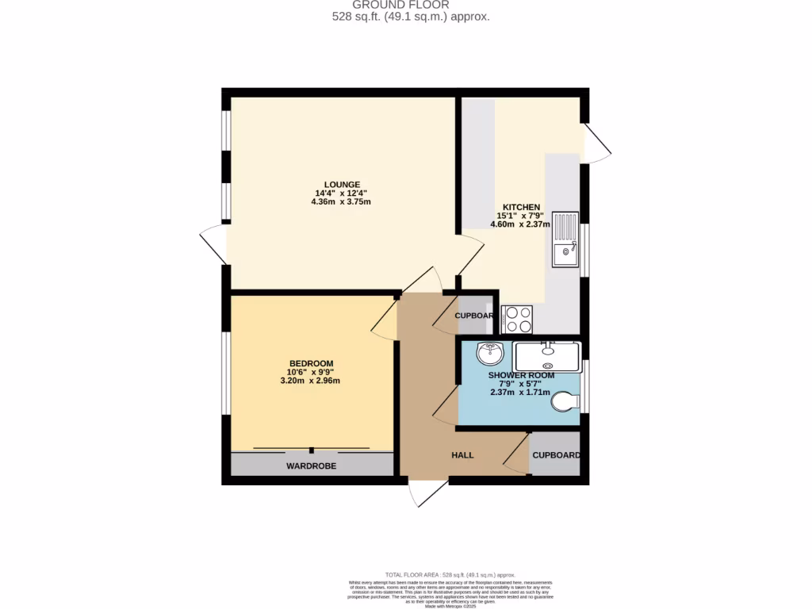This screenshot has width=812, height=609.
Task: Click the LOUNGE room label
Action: [341, 184]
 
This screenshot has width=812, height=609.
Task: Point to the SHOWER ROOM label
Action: [521, 375]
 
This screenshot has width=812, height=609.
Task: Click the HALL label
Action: [462, 455]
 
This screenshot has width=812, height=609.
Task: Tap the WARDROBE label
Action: [311, 466]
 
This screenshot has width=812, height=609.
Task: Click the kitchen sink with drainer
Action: [566, 239]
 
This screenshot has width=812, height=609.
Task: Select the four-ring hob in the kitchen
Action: [517, 319]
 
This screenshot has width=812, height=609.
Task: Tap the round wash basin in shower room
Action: [490, 350]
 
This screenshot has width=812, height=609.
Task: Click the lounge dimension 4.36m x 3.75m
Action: [341, 201]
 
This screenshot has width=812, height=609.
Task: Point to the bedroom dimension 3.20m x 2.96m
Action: [310, 381]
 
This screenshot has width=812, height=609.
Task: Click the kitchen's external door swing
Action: [596, 143]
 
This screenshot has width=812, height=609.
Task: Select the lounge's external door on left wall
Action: [215, 245]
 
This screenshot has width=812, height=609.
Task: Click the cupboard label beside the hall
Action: [555, 455]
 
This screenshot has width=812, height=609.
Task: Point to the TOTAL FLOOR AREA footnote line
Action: [450, 575]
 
